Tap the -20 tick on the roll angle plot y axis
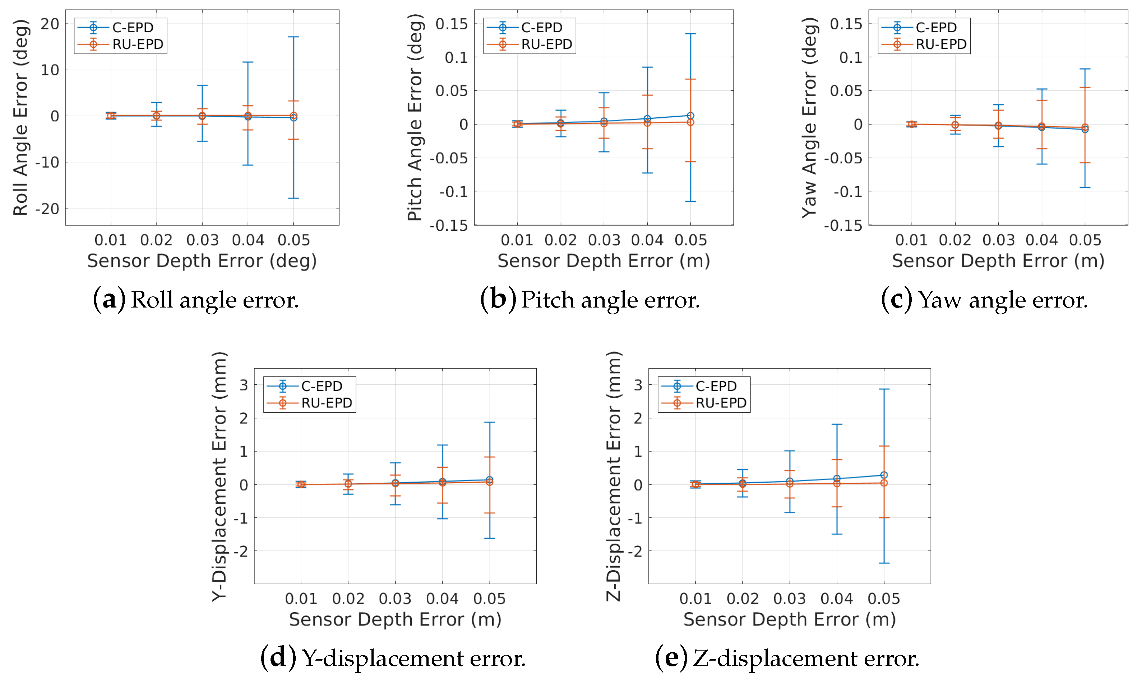[48, 209]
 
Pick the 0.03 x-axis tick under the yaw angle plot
[998, 240]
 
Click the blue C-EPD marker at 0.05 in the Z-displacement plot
[884, 475]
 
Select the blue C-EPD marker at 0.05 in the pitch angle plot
[690, 116]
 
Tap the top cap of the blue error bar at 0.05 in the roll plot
[294, 37]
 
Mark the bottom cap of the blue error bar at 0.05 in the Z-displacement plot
[884, 563]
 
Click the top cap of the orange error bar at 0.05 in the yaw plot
[1085, 88]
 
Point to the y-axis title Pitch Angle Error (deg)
[415, 117]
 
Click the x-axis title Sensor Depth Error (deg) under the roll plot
[202, 261]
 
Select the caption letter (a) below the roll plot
[109, 300]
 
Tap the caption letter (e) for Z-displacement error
[671, 658]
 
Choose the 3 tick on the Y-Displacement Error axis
[244, 385]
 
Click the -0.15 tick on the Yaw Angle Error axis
[843, 225]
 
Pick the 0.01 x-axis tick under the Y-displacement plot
[301, 599]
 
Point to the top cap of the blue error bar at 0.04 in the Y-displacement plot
[442, 445]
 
